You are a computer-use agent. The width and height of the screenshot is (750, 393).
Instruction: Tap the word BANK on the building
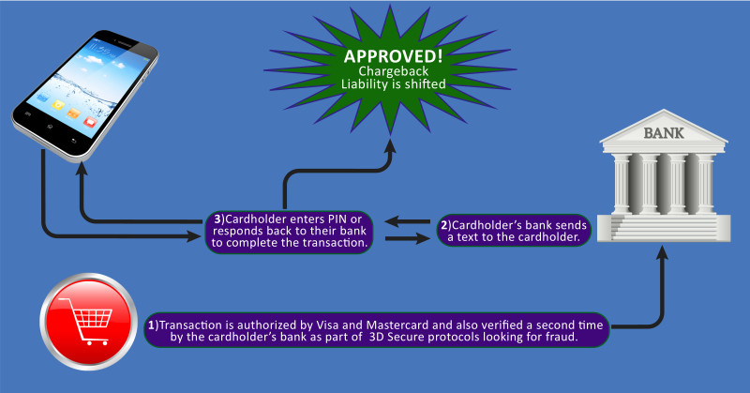[x=663, y=134]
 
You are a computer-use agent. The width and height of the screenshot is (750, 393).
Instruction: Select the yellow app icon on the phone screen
[x=59, y=105]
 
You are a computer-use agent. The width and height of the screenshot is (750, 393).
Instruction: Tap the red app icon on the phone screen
[x=90, y=120]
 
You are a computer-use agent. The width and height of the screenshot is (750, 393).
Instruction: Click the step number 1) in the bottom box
[x=154, y=324]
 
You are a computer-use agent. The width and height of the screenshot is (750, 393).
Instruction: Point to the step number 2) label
[x=445, y=225]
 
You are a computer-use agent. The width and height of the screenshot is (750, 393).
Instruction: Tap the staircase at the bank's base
[x=664, y=231]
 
